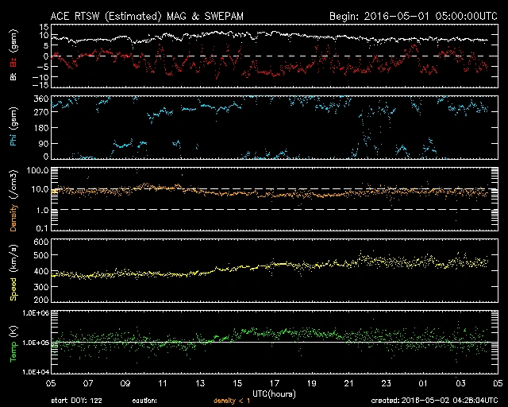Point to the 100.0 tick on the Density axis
38,171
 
